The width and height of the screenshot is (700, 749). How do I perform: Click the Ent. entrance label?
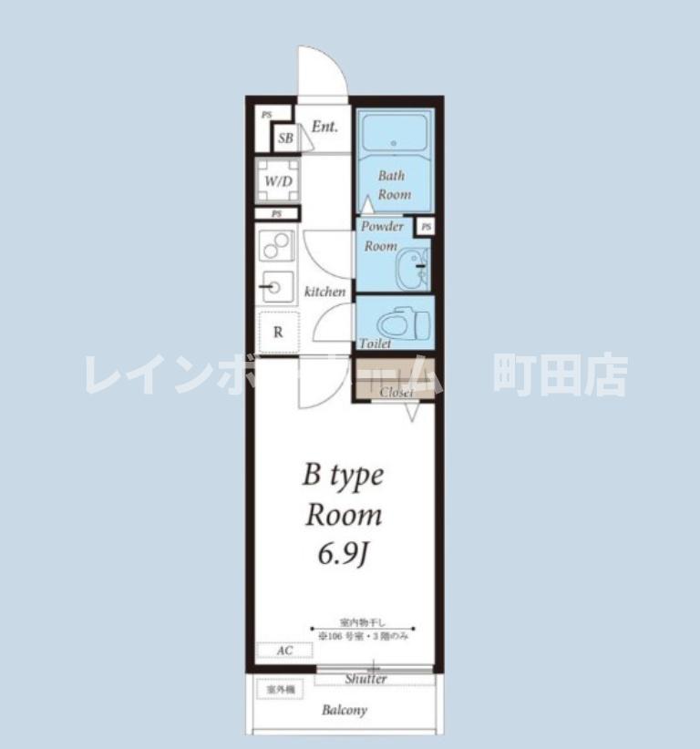324,127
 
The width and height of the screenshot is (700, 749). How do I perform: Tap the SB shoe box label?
285,139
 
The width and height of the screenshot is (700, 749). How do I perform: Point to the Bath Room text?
394,185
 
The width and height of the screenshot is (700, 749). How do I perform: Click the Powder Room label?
381,236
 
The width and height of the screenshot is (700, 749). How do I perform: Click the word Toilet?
375,344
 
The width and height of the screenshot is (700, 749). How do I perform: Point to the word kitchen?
324,292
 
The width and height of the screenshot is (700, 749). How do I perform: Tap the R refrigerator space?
278,333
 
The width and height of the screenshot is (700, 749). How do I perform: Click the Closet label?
396,392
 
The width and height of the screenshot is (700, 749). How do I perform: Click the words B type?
342,476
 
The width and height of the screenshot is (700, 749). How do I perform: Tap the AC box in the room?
283,651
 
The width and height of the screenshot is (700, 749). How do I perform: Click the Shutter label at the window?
365,679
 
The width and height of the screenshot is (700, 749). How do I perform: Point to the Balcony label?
344,711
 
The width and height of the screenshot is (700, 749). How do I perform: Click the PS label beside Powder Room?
426,226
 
